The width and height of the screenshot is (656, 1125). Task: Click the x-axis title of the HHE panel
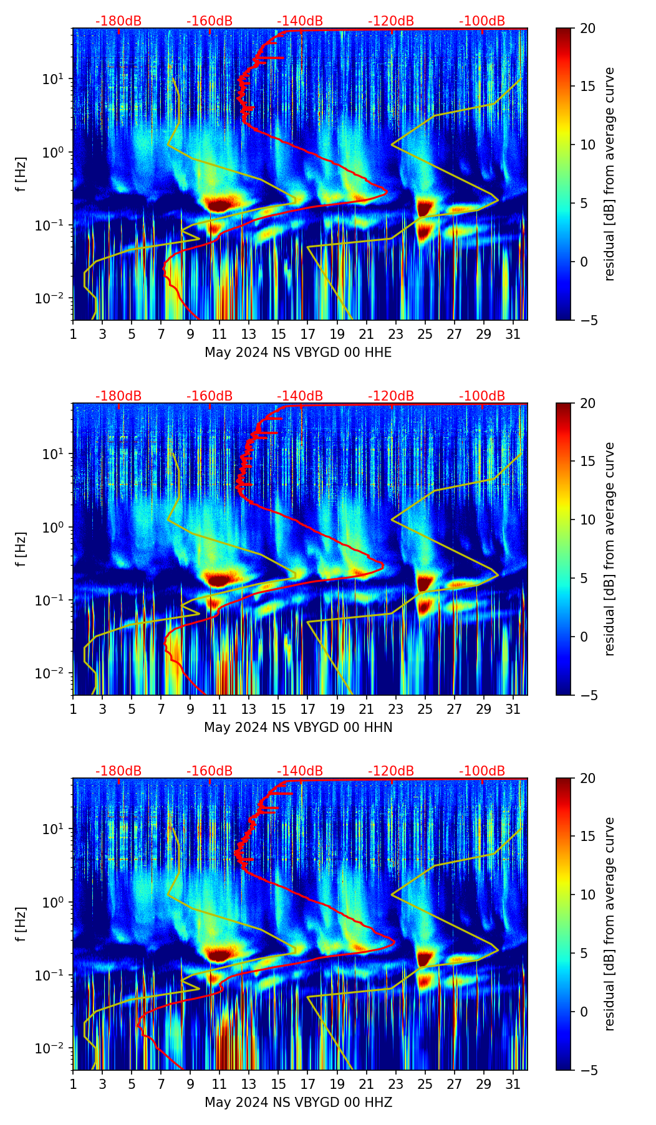coord(298,353)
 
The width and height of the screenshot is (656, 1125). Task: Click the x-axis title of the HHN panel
coord(298,728)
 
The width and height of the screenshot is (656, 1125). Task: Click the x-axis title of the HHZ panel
coord(298,1103)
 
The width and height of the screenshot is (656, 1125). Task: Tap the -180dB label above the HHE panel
coord(118,21)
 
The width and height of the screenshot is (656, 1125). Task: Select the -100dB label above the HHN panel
coord(482,396)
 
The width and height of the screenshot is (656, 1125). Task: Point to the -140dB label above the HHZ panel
coord(300,771)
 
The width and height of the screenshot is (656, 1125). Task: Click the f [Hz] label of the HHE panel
coord(22,174)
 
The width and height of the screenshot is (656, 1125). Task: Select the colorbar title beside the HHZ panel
coord(610,924)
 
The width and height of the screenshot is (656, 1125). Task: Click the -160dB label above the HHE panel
coord(210,21)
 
